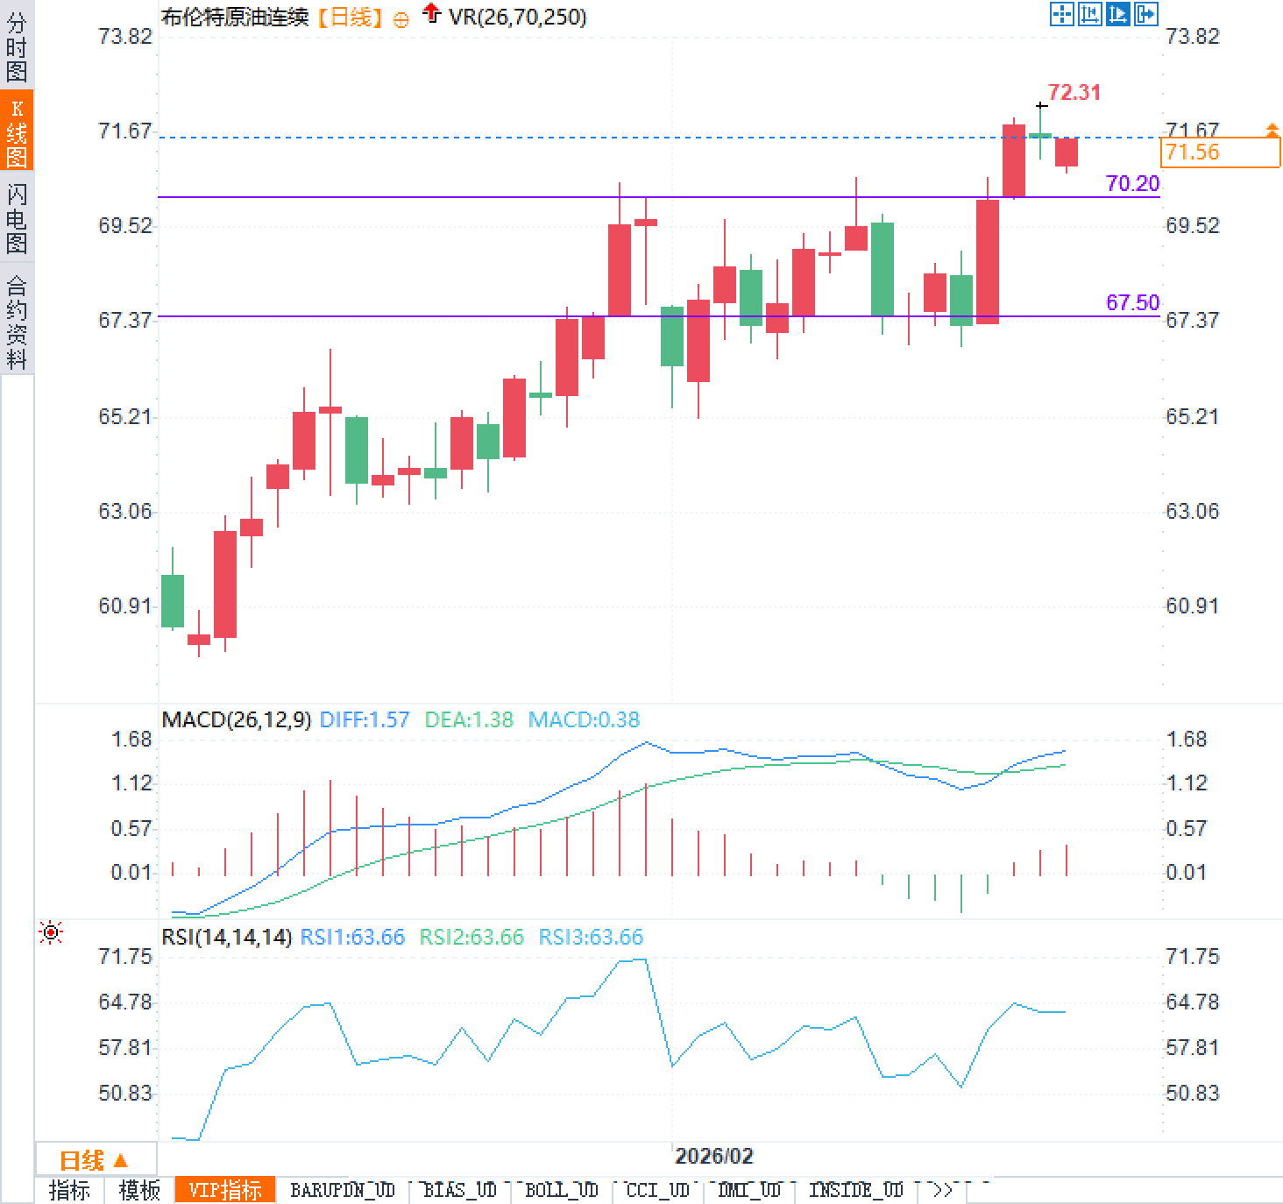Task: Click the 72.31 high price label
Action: (1074, 92)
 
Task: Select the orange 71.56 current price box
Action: (1220, 152)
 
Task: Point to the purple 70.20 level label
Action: (1132, 183)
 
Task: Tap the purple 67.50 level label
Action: (1132, 302)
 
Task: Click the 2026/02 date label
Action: (713, 1156)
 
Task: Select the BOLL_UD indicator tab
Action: (561, 1190)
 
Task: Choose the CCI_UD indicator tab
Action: (657, 1190)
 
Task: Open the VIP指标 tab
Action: (225, 1190)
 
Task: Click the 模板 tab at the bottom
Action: (139, 1190)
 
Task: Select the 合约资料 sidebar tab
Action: (17, 322)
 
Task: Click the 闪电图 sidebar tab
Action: (17, 218)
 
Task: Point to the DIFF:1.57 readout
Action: (364, 719)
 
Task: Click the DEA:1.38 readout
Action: (469, 719)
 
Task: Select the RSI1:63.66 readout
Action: (352, 937)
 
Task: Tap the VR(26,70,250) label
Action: (517, 17)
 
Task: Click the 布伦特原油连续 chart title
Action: (235, 17)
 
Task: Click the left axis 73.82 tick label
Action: (124, 36)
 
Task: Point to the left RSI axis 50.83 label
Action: (124, 1093)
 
